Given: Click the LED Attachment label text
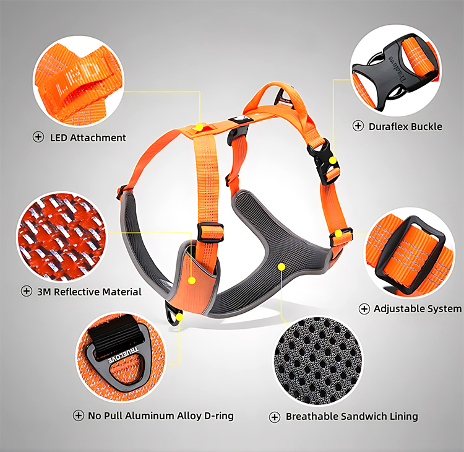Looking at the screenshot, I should click(x=88, y=137).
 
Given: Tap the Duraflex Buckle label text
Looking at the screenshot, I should click(x=405, y=126).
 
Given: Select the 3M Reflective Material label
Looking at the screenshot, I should click(x=90, y=291).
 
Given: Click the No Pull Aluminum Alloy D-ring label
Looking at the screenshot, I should click(x=161, y=415).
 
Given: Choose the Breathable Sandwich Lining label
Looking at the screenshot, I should click(x=351, y=417).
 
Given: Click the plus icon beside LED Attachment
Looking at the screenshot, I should click(x=38, y=137).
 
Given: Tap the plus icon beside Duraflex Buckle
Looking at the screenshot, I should click(x=358, y=126).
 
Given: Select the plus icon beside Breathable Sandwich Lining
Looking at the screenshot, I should click(x=275, y=417).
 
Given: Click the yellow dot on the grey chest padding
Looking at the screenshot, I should click(x=281, y=267).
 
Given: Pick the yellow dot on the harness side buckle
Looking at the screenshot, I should click(x=333, y=160).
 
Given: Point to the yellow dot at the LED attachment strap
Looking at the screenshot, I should click(x=199, y=127).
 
